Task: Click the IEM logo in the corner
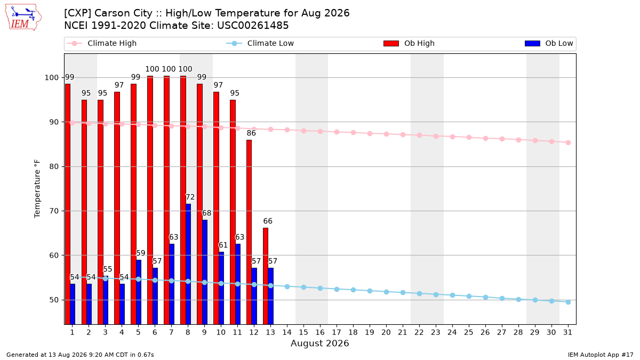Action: click(x=23, y=18)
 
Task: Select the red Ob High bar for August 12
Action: click(x=249, y=232)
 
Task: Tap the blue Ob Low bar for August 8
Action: click(x=188, y=264)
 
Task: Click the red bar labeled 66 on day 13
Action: click(x=266, y=276)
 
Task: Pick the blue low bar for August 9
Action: click(x=205, y=272)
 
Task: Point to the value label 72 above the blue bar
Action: click(x=190, y=197)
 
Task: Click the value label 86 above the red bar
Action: click(x=251, y=133)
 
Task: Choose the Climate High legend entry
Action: click(x=101, y=43)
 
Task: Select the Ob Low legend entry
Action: click(x=549, y=43)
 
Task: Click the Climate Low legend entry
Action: click(x=260, y=43)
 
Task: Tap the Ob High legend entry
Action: click(x=409, y=43)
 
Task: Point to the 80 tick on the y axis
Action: click(x=54, y=166)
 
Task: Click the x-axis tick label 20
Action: click(x=386, y=332)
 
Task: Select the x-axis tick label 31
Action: click(x=567, y=332)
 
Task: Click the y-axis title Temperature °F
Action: click(x=37, y=189)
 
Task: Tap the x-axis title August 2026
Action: click(x=319, y=343)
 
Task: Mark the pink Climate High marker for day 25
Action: click(x=469, y=138)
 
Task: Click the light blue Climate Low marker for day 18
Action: click(x=353, y=290)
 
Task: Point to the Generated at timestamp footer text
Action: click(x=80, y=355)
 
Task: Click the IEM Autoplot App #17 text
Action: click(x=601, y=355)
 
